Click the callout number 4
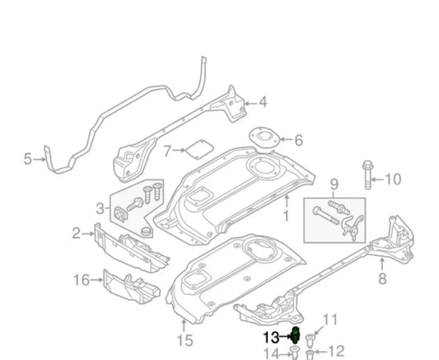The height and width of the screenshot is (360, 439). click(263, 103)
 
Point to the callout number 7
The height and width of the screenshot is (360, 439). click(167, 152)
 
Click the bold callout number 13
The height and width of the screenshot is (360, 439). click(271, 336)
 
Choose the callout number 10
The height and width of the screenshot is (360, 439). click(393, 179)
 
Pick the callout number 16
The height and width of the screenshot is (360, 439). click(81, 280)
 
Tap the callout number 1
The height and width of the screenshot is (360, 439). click(286, 217)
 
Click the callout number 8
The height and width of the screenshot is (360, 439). click(381, 278)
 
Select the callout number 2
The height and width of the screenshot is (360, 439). click(77, 234)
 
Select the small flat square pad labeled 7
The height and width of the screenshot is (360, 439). click(197, 152)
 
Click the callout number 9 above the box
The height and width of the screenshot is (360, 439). click(334, 183)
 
